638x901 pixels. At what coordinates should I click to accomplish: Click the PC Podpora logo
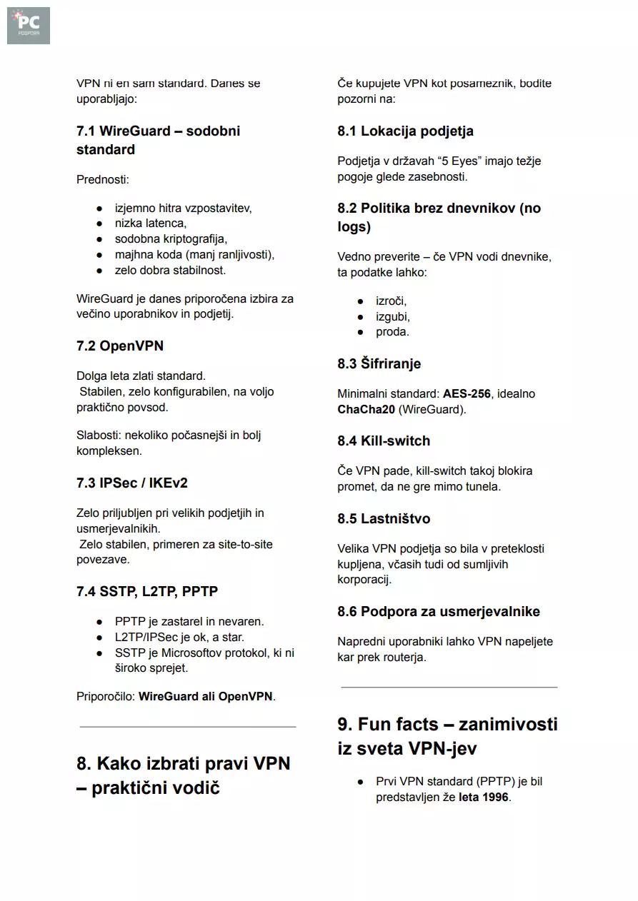click(x=29, y=26)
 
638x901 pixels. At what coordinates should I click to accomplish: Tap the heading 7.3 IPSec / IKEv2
click(x=132, y=483)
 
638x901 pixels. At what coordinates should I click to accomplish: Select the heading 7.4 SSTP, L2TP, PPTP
click(x=147, y=592)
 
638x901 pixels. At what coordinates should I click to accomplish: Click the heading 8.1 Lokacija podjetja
click(x=405, y=131)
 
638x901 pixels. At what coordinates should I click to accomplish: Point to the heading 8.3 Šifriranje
click(x=379, y=364)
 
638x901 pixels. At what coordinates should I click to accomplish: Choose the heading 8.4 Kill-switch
click(x=384, y=441)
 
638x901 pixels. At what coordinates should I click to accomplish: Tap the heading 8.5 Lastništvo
click(x=384, y=519)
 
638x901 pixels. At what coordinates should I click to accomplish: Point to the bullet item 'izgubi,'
click(x=393, y=317)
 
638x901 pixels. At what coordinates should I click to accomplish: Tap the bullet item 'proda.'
click(x=392, y=333)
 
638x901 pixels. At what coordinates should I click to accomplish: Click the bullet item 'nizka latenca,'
click(x=151, y=224)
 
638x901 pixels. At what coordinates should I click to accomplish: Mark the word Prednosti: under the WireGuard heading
click(x=103, y=180)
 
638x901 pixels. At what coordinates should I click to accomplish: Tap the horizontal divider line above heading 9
click(x=449, y=688)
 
